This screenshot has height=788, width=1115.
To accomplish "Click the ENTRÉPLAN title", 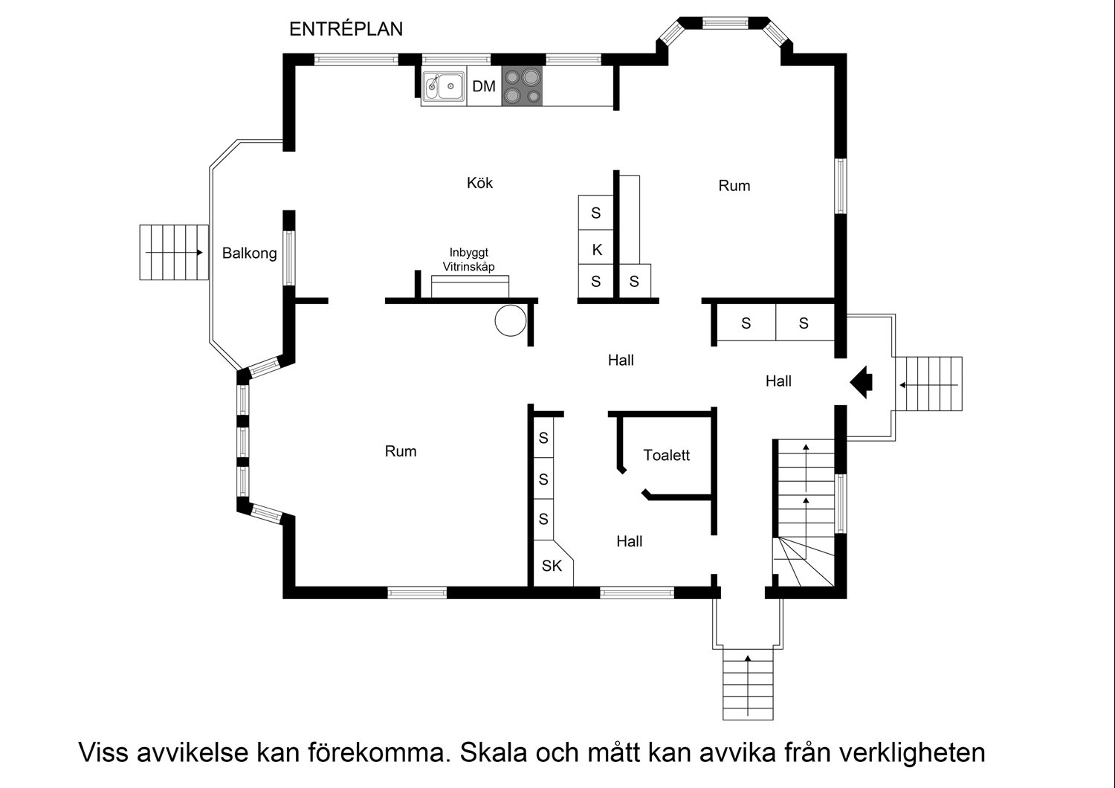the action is coord(346,29).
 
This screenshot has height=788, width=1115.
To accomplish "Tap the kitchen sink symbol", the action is coord(444,87).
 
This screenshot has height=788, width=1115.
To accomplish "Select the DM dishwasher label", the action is coord(484,86).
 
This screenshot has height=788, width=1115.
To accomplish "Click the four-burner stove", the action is coord(522,86).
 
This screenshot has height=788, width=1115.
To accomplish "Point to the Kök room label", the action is coord(480,183).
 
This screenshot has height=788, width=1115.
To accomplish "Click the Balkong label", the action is coord(249,253).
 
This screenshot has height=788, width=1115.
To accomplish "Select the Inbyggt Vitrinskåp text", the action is coord(469,259).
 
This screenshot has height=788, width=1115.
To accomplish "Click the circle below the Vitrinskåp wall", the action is coord(511,320).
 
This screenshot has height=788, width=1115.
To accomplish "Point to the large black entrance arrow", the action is coord(861,382).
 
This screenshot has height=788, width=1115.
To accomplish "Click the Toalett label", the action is coord(667,455).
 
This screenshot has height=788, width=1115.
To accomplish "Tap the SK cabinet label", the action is coord(552,566).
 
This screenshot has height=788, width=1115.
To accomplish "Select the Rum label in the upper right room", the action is coord(734,186).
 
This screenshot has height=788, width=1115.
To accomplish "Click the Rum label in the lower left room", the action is coord(401,451).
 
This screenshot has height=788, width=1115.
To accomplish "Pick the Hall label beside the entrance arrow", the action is coord(778,381).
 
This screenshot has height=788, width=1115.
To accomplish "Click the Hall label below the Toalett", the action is coord(629,542).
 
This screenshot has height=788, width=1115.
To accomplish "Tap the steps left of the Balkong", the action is coord(174,252).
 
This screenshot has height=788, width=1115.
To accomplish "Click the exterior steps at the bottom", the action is coord(748,684).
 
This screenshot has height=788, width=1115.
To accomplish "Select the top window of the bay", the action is coord(725,23).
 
